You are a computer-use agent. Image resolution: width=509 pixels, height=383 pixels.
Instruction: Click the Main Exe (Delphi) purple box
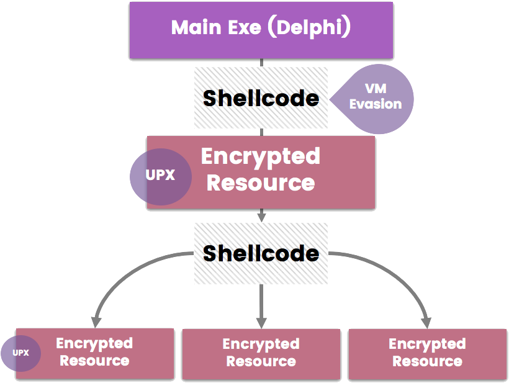click(261, 30)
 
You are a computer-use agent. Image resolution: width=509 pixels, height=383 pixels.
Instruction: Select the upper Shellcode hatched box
click(261, 97)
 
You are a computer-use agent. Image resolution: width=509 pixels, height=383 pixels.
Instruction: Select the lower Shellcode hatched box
click(261, 253)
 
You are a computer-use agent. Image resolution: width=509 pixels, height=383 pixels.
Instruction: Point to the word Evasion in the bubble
click(376, 104)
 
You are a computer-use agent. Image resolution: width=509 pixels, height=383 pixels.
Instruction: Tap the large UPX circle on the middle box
click(160, 176)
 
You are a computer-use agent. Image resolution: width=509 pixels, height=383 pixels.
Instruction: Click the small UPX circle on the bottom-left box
click(20, 353)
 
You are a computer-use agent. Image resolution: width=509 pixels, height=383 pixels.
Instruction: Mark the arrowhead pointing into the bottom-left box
click(95, 322)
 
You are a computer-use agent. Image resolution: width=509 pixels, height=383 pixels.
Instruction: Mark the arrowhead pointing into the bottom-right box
click(426, 322)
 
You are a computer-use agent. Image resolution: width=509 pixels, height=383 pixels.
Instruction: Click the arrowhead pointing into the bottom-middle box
click(261, 322)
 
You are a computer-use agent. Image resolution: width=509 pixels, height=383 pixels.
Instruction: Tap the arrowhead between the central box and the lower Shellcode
click(261, 217)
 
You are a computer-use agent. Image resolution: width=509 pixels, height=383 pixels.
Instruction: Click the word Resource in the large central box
click(261, 183)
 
